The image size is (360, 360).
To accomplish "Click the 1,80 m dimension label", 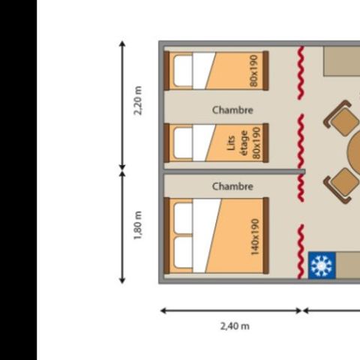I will (137, 226).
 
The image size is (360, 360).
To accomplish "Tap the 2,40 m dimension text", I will (235, 325).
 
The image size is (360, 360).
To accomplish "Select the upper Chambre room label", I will (232, 110).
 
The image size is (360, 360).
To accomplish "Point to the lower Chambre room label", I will (232, 186).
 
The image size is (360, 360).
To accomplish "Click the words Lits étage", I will (235, 142).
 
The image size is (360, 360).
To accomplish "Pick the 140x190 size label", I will (255, 235).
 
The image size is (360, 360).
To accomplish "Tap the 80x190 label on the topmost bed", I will (255, 70).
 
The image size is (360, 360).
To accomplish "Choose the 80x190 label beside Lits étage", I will (256, 142).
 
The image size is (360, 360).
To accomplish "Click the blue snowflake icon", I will (320, 265).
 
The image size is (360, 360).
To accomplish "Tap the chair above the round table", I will (341, 119).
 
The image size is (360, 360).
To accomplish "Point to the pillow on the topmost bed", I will (184, 71).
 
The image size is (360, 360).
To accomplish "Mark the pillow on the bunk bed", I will (184, 142).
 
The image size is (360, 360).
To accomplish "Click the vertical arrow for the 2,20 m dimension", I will (122, 105).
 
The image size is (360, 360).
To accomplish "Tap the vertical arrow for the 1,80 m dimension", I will (122, 227).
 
